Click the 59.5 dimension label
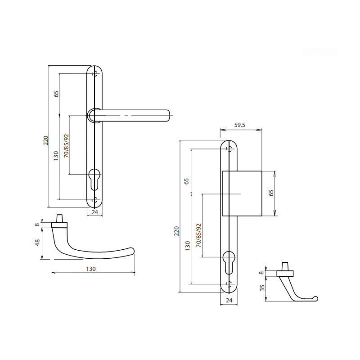point(240,125)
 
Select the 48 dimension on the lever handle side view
point(37,243)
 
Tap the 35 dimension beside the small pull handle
point(262,288)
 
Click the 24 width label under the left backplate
point(95,212)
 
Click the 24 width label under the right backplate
point(229,300)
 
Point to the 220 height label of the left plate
point(46,140)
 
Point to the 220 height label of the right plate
point(176,231)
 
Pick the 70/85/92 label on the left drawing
point(66,146)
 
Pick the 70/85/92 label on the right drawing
point(198,235)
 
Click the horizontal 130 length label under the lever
point(91,269)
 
